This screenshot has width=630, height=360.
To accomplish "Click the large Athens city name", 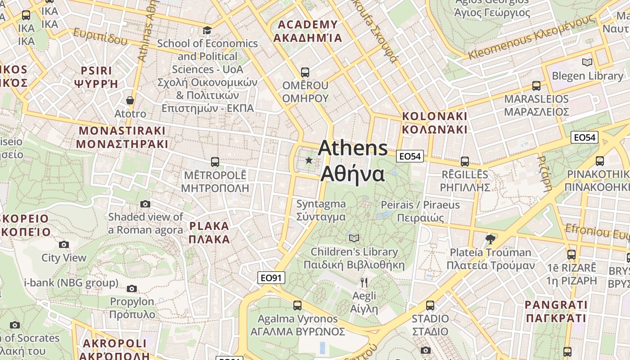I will coord(353,161).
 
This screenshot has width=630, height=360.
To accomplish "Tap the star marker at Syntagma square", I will coord(309,160).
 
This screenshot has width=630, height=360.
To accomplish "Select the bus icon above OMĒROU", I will coord(305,72).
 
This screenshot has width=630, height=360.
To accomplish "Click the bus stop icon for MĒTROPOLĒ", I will coord(215,162).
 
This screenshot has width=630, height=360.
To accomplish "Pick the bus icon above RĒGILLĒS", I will coord(465,161).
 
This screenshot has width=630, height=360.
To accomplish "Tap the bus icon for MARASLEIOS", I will coord(536,85).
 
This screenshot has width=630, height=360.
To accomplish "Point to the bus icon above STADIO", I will coord(430,305).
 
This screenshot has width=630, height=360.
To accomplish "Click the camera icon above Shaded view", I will coord(145,204).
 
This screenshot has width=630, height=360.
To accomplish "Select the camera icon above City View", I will coord(64,244).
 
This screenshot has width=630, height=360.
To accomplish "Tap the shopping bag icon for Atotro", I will coord(130,100).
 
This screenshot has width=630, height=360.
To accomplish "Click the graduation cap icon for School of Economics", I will coord(207,30).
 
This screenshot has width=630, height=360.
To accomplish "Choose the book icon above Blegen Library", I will coord(587,62).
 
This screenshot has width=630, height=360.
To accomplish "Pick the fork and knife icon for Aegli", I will coord(364,283).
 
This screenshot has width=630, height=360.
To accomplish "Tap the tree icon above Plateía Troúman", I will coord(490,238).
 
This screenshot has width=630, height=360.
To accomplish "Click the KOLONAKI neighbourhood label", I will coord(434,122).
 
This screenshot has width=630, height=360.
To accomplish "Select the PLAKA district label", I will coord(209,232).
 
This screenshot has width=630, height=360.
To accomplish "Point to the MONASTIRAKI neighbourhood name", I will coord(122,137).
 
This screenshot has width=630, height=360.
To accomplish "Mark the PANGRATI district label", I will coord(556,311).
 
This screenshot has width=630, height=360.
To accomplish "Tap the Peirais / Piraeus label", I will coord(420,211).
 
